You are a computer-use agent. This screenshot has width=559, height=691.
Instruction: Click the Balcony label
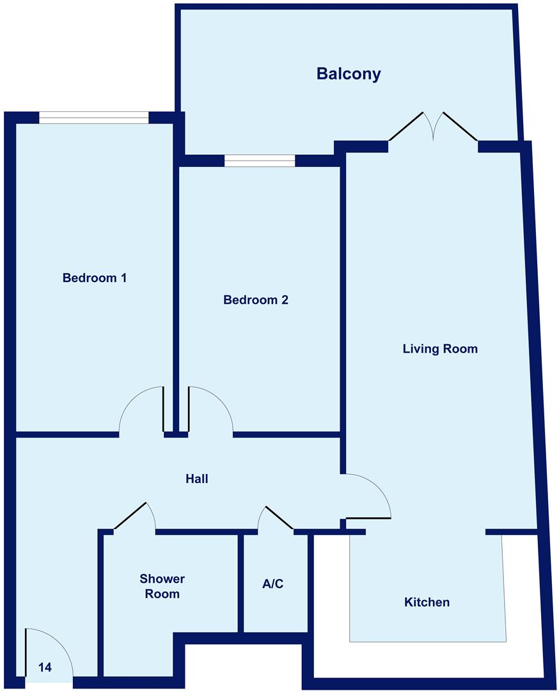click(x=349, y=74)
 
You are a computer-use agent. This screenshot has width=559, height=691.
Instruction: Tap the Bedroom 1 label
click(x=95, y=278)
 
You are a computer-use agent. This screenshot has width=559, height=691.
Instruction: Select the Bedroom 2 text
click(x=256, y=299)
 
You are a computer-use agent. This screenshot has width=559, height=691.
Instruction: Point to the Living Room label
click(x=440, y=349)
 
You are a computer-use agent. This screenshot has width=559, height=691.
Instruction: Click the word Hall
click(x=197, y=479)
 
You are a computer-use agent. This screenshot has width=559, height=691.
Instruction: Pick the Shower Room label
click(x=162, y=586)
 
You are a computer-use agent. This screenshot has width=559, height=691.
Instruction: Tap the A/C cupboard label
click(x=272, y=584)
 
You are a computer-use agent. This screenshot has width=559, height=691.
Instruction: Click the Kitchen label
click(x=427, y=602)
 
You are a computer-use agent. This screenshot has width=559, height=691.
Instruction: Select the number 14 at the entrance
click(x=45, y=667)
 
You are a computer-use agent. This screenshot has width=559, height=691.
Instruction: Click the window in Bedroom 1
click(x=93, y=118)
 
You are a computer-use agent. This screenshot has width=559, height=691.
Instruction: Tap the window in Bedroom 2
click(x=260, y=161)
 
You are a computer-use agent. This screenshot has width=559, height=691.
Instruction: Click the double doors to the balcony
click(x=433, y=128)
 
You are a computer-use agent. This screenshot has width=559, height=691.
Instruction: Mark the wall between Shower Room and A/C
click(x=241, y=582)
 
